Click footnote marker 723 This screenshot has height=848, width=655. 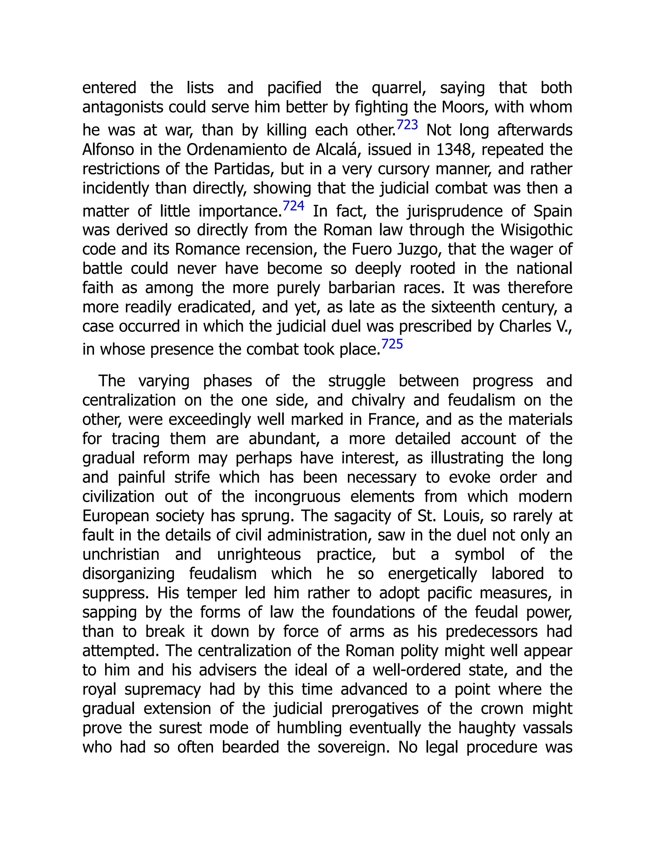coord(407,125)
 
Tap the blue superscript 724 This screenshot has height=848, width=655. coord(293,206)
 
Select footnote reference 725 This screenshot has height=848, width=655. coord(392,344)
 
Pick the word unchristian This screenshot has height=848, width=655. coord(121,555)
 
